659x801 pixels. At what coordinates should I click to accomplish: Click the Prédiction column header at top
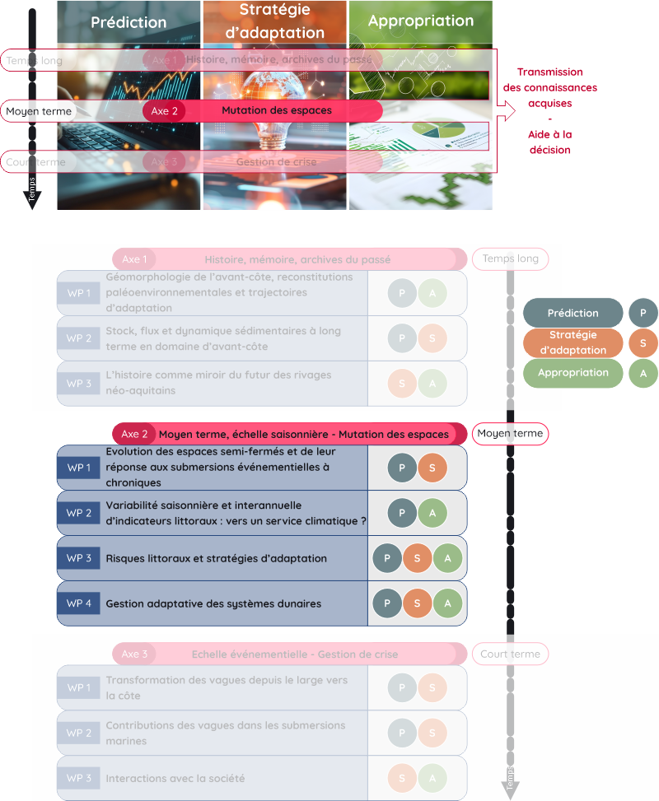[x=129, y=22]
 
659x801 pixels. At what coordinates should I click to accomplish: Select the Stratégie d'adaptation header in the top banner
[x=275, y=21]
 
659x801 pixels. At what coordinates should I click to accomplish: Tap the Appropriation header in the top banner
[x=421, y=21]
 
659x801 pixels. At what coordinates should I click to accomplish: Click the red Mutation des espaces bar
[x=276, y=110]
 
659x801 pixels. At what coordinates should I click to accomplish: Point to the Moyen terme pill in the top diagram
[x=39, y=110]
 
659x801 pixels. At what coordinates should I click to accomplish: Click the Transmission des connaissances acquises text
[x=549, y=87]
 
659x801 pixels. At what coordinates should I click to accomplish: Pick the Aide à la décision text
[x=549, y=142]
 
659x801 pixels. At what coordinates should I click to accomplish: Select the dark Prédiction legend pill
[x=573, y=313]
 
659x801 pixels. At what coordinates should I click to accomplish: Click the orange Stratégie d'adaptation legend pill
[x=573, y=342]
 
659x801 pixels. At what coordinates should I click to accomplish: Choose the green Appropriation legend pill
[x=573, y=373]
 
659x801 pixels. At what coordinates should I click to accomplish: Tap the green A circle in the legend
[x=643, y=373]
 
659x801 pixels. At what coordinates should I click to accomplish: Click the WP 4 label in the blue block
[x=79, y=603]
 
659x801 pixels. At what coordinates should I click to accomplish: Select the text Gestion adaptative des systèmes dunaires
[x=213, y=603]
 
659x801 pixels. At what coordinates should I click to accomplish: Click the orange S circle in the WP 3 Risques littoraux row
[x=418, y=558]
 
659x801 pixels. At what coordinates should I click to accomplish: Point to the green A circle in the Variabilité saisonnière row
[x=432, y=513]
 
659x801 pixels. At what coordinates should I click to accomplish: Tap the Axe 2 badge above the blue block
[x=134, y=434]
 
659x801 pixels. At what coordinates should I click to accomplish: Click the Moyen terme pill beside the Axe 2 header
[x=510, y=434]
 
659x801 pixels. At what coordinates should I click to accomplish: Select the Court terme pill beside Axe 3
[x=510, y=654]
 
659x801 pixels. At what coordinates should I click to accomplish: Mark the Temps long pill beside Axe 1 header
[x=510, y=258]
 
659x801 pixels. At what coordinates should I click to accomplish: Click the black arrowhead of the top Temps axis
[x=32, y=200]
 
